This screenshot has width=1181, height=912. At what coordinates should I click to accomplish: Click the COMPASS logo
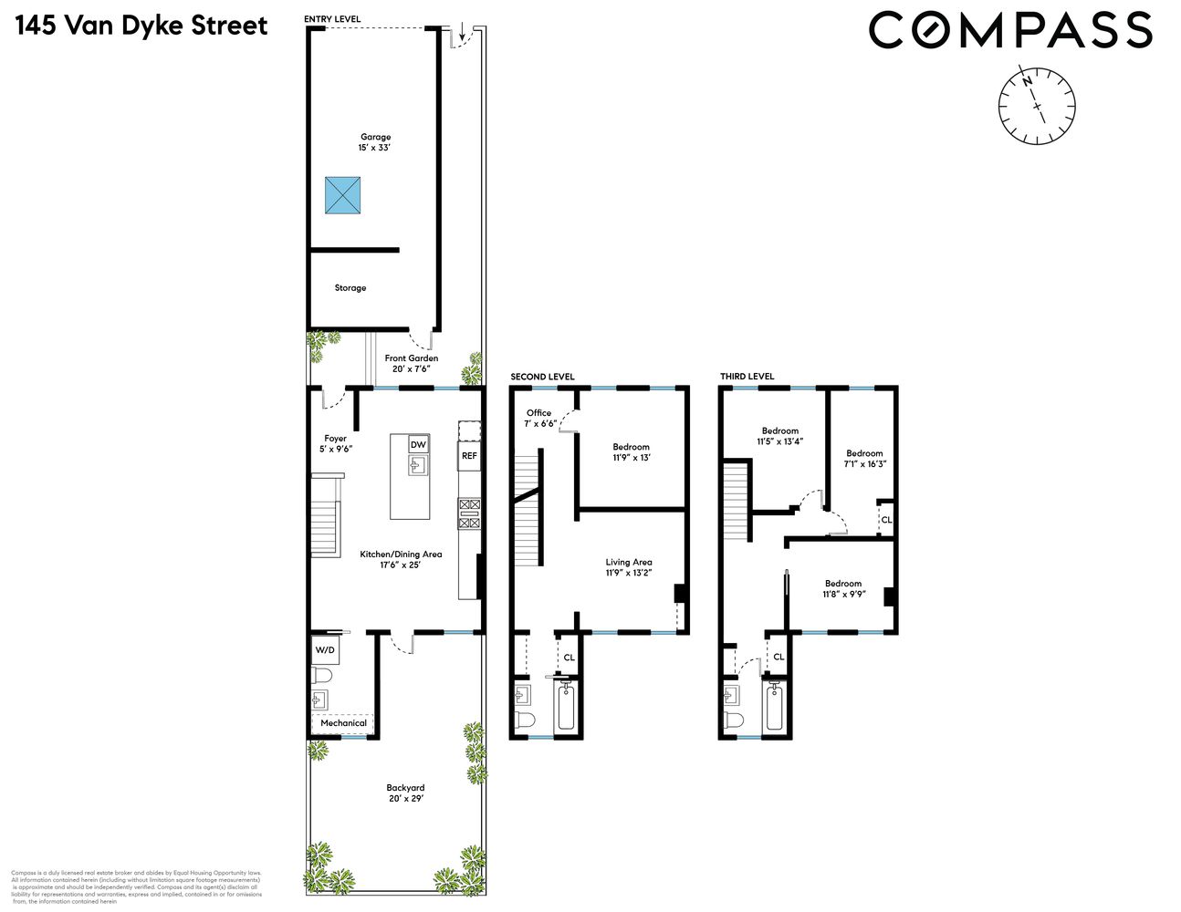point(1010,30)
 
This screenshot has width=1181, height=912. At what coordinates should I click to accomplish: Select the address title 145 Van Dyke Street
point(141,25)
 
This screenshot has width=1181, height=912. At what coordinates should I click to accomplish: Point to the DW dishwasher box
point(418,444)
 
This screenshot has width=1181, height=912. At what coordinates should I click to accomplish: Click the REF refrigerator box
point(469,455)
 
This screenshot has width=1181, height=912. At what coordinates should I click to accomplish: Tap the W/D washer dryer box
point(325,650)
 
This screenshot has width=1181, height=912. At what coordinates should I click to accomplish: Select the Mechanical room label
point(343,723)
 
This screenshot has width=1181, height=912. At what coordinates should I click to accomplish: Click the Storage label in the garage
point(350,288)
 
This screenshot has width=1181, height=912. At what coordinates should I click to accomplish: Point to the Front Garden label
point(411,363)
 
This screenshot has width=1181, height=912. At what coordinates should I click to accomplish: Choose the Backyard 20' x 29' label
point(404,793)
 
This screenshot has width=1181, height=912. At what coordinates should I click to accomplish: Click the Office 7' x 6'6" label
point(540,418)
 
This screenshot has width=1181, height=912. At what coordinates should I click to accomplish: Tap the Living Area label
point(629,567)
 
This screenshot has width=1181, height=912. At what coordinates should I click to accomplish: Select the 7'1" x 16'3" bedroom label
point(864,459)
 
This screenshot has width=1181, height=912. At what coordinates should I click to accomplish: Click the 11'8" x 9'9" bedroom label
point(842,589)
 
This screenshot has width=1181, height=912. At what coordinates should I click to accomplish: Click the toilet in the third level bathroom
point(732,720)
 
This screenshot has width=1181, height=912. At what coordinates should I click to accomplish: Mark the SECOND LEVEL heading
point(542,377)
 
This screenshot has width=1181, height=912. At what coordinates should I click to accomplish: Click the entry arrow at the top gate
point(463,35)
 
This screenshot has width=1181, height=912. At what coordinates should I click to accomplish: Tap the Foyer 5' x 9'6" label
point(335,443)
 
